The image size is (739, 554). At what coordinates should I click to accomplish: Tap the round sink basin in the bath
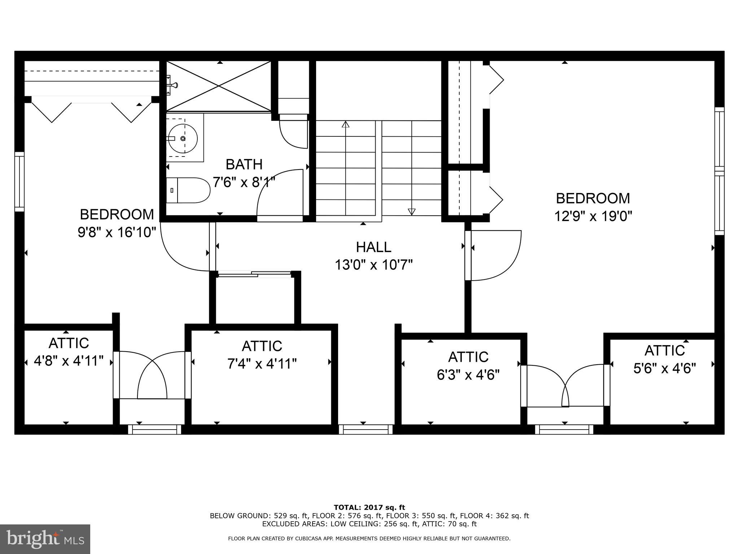pos(183,138)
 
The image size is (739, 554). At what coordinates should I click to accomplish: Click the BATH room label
pos(244,164)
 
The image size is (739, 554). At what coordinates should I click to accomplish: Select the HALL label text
pos(373,247)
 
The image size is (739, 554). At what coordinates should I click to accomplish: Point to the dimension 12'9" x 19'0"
pos(593,216)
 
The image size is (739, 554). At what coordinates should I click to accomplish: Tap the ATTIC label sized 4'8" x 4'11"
pos(69,343)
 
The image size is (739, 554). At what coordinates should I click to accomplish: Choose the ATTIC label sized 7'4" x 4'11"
pos(262,346)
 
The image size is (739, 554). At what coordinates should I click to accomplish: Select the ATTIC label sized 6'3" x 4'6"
pos(468,357)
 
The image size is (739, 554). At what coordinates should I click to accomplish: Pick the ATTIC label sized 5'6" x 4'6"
pos(665,351)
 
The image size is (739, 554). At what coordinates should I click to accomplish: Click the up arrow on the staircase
pos(346,124)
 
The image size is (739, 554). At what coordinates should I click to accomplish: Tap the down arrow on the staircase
pos(411,211)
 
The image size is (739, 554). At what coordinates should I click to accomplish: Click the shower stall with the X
pos(219,86)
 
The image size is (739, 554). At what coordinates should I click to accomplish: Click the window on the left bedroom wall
pos(19,181)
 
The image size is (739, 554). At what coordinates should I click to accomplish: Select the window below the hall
pos(366,429)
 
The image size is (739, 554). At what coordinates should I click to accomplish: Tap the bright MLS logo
pos(45,539)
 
